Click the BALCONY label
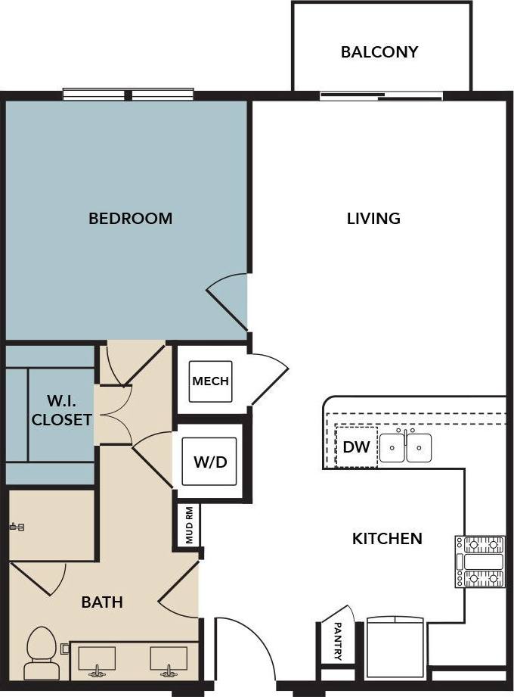pyautogui.click(x=379, y=52)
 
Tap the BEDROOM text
pyautogui.click(x=130, y=219)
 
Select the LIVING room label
pyautogui.click(x=373, y=219)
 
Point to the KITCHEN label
pyautogui.click(x=387, y=539)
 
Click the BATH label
pyautogui.click(x=102, y=602)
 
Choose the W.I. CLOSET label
pyautogui.click(x=62, y=409)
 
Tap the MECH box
pyautogui.click(x=210, y=381)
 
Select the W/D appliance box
pyautogui.click(x=210, y=462)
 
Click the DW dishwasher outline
pyautogui.click(x=356, y=447)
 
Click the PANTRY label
pyautogui.click(x=337, y=641)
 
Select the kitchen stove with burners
pyautogui.click(x=480, y=561)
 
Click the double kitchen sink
pyautogui.click(x=406, y=447)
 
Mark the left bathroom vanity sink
pyautogui.click(x=97, y=660)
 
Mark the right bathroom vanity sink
pyautogui.click(x=168, y=660)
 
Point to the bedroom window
pyautogui.click(x=128, y=95)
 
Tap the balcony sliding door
pyautogui.click(x=381, y=96)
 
